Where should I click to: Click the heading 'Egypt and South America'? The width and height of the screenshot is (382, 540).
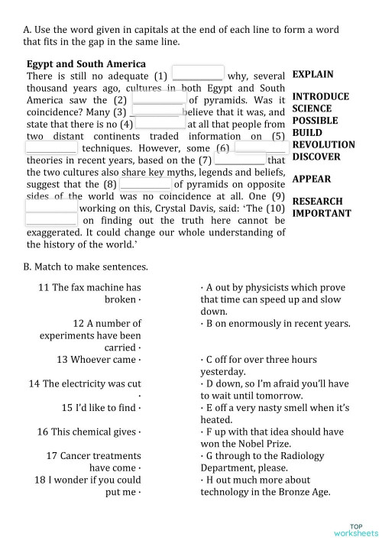[x=86, y=63]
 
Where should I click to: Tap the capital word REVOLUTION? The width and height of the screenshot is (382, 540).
[x=323, y=144]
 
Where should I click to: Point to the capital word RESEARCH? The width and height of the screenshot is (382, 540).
[x=317, y=202]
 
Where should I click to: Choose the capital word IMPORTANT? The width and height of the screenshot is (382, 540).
[x=322, y=213]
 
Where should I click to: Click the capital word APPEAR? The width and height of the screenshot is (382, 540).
[x=312, y=179]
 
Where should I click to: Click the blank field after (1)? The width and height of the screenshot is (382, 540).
[x=198, y=74]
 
